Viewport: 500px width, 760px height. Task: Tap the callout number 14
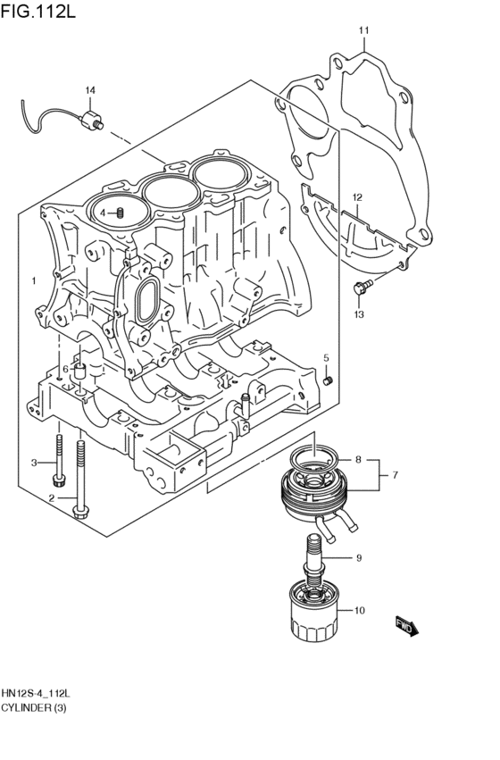pos(89,91)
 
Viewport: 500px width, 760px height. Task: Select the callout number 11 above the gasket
pos(363,32)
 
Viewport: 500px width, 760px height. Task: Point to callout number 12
pos(356,197)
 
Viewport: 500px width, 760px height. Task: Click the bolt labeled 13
pos(361,288)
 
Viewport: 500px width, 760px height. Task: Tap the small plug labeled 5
pos(327,380)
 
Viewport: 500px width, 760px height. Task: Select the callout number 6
pos(65,369)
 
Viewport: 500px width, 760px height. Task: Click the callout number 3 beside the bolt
pos(34,462)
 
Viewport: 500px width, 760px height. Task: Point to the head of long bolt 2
pos(80,510)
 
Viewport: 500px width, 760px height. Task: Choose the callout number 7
pos(393,476)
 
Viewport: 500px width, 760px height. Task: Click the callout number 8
pos(358,460)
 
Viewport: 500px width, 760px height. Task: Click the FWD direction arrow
pos(406,627)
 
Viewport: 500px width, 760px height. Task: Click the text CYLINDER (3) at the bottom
pos(34,708)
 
